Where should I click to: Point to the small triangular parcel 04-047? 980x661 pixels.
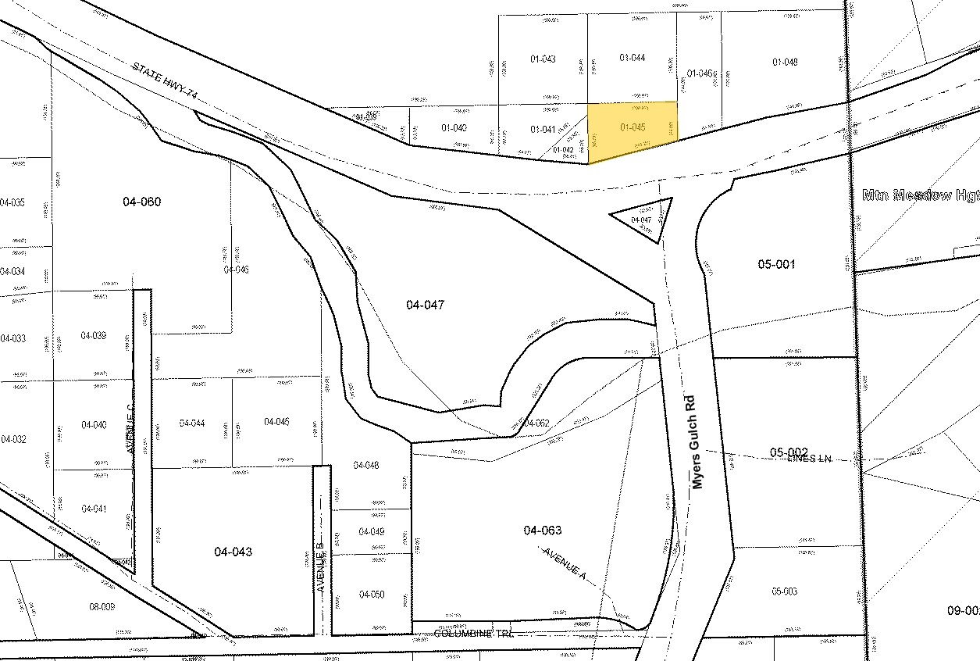(641, 220)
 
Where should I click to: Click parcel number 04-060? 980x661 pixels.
(141, 202)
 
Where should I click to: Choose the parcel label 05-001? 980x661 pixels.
(776, 264)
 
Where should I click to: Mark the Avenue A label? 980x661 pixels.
(565, 563)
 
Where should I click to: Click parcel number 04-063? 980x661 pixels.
(542, 531)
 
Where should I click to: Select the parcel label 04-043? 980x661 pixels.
(233, 552)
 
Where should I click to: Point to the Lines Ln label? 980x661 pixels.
(811, 459)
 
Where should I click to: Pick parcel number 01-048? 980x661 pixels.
(785, 63)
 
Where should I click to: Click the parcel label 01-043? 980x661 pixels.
(542, 59)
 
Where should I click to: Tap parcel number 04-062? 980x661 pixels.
(536, 423)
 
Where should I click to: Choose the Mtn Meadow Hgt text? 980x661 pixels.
(920, 195)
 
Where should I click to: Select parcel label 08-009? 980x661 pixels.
(102, 606)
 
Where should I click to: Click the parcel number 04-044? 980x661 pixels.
(192, 423)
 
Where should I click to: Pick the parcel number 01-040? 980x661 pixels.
(454, 128)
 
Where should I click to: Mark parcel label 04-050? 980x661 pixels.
(372, 594)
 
